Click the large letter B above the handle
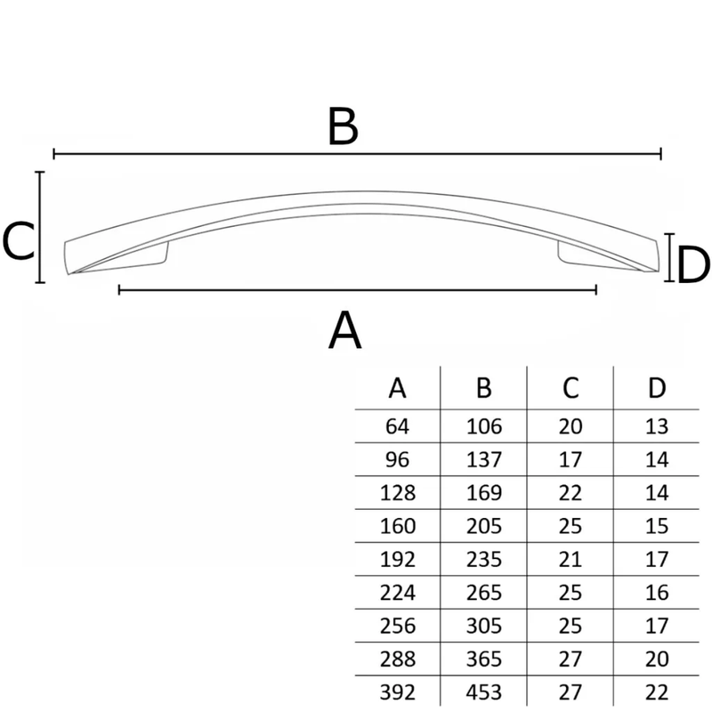[343, 126]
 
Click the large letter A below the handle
[344, 330]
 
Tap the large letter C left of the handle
[18, 241]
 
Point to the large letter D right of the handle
[693, 264]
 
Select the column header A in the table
[397, 388]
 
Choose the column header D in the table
[657, 388]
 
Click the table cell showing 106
[484, 426]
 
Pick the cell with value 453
[484, 692]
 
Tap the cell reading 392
[397, 692]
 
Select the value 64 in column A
[397, 426]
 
